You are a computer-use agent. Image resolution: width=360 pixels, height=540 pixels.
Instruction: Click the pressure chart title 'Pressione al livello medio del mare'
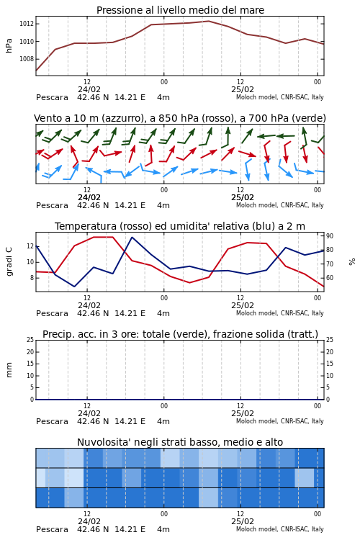coord(180,10)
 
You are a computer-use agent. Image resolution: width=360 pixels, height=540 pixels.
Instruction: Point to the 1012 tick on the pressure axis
coord(27,24)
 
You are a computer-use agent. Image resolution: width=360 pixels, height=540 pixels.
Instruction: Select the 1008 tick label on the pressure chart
coord(27,59)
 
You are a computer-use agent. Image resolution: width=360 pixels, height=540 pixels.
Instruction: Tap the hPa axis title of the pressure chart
coord(9,45)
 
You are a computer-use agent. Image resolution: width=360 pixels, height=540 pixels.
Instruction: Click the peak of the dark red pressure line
coord(208,21)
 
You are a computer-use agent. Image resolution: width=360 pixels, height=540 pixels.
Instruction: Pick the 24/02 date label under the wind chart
coord(89,197)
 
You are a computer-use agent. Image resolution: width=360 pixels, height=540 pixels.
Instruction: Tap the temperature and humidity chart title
coord(180,226)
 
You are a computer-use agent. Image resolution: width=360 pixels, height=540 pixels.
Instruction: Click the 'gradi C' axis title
coord(9,261)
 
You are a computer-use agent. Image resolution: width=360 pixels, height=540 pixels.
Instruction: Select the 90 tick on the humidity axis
coord(330,236)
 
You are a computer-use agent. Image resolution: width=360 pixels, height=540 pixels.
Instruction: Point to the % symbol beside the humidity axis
coord(352,262)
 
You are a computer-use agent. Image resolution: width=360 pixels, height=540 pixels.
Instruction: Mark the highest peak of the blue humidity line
coord(132,237)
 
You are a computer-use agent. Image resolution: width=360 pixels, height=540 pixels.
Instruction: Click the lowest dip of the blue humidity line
coord(74,287)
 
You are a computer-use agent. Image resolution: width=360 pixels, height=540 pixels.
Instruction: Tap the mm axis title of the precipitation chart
coord(9,370)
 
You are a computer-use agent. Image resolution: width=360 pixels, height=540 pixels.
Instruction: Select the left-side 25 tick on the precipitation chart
coord(30,340)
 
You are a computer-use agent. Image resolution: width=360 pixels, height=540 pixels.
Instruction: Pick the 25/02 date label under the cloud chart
coord(243,521)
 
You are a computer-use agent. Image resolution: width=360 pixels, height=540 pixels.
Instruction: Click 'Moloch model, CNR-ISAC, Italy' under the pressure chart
coord(280,97)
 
